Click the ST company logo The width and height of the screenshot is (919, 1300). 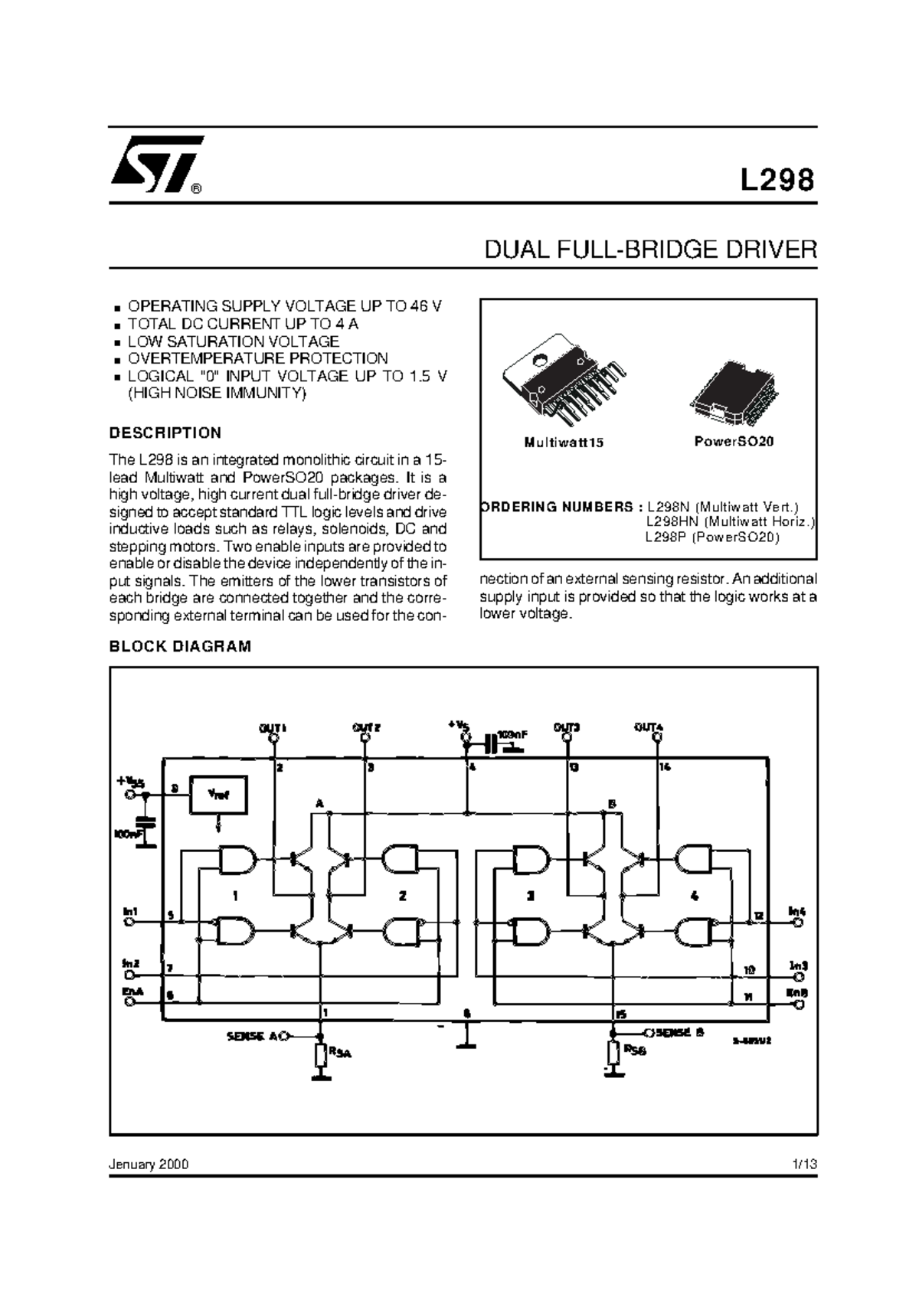pyautogui.click(x=157, y=163)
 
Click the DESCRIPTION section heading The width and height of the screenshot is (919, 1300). pyautogui.click(x=165, y=433)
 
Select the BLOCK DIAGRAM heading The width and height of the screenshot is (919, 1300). pyautogui.click(x=180, y=646)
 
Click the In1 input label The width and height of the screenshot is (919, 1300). pyautogui.click(x=130, y=912)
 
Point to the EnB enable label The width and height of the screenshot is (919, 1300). pyautogui.click(x=799, y=993)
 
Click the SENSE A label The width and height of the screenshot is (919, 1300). pyautogui.click(x=251, y=1037)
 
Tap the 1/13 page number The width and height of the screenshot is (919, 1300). pyautogui.click(x=805, y=1164)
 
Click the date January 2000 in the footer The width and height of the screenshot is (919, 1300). pyautogui.click(x=149, y=1164)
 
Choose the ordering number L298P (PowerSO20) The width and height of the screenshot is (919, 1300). pyautogui.click(x=712, y=537)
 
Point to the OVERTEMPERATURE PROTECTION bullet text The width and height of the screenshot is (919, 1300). pyautogui.click(x=257, y=358)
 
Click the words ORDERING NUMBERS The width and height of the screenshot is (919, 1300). pyautogui.click(x=558, y=507)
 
